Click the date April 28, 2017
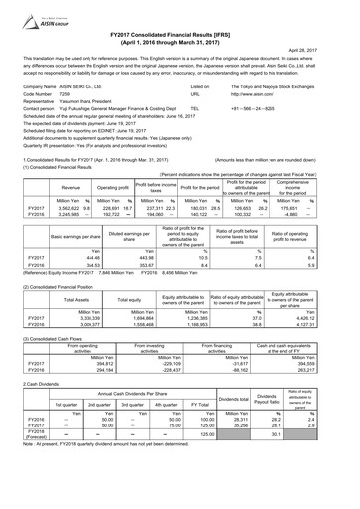(x=332, y=47)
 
